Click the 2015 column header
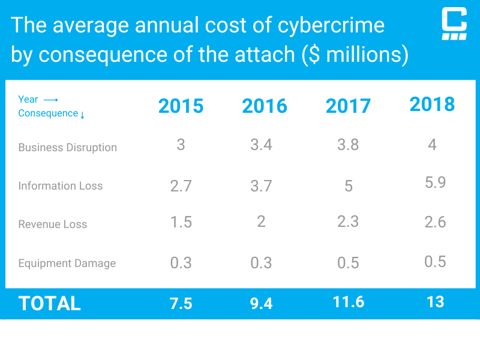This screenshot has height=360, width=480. [x=181, y=106]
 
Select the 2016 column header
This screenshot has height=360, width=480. [x=265, y=106]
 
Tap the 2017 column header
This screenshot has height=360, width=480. [x=348, y=106]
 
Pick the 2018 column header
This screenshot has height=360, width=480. [x=432, y=104]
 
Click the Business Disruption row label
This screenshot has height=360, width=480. [x=67, y=148]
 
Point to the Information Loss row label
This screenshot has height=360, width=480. [x=60, y=186]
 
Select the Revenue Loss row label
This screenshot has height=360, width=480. [x=52, y=224]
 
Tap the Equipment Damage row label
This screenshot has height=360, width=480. [x=67, y=263]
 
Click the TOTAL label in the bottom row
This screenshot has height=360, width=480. [x=49, y=304]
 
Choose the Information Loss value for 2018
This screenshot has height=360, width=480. [x=435, y=182]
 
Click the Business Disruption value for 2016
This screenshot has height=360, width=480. [x=261, y=145]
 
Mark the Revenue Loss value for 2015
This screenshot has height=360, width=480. [x=181, y=222]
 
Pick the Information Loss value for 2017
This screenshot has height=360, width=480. [x=349, y=186]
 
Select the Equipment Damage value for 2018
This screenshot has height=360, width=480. [x=435, y=261]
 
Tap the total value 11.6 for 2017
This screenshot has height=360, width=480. [x=349, y=302]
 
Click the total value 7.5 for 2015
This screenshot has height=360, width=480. [x=181, y=304]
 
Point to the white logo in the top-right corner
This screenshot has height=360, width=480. [x=454, y=24]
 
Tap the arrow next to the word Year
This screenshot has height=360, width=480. [x=50, y=100]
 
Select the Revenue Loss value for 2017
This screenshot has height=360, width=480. [x=348, y=221]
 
